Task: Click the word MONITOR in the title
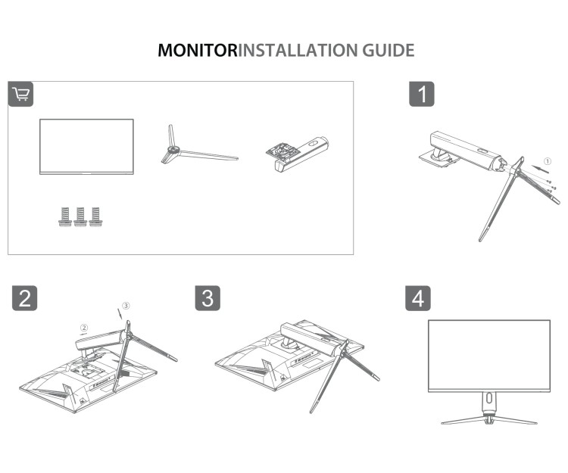point(197,51)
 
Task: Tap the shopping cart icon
point(20,94)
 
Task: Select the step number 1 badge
point(422,94)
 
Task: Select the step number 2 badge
point(26,297)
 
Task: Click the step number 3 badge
point(208,297)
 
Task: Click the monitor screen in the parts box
point(86,146)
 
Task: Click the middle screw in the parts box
point(80,216)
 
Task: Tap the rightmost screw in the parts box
point(95,216)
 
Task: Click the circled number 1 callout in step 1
point(549,160)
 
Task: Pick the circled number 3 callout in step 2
point(126,305)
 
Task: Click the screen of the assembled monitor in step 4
point(489,354)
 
